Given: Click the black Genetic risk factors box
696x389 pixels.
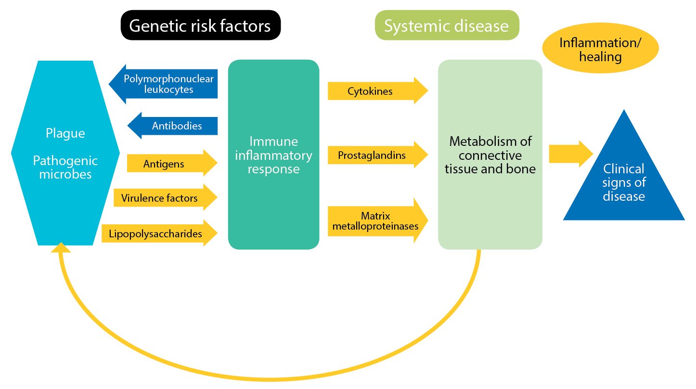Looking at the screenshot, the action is click(x=200, y=25).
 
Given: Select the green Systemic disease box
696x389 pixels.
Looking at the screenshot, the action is click(x=447, y=25).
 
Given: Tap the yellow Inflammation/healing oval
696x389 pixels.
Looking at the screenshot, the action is click(x=600, y=48).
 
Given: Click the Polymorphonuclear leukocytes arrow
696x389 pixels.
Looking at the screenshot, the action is click(x=163, y=84).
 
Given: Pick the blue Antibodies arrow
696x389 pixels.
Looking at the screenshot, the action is click(x=172, y=126).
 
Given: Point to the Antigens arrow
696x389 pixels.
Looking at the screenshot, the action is click(x=172, y=163).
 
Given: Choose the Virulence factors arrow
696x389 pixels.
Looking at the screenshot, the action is click(x=165, y=197).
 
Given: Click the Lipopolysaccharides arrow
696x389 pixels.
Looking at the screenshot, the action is click(x=159, y=233).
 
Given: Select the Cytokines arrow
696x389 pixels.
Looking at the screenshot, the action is click(x=378, y=91).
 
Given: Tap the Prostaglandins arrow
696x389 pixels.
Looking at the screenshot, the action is click(x=378, y=155).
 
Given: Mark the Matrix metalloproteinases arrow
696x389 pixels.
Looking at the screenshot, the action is click(x=378, y=220).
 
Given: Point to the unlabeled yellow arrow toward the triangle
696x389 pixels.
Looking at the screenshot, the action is click(x=571, y=154).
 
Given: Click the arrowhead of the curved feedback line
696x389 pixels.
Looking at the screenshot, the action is click(x=61, y=247).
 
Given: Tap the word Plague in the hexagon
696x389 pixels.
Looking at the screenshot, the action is click(x=65, y=133).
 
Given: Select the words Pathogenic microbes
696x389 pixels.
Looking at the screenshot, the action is click(x=65, y=167).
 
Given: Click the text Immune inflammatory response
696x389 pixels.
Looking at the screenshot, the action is click(x=273, y=155).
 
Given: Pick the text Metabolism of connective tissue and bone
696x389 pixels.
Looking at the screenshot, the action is click(x=490, y=155).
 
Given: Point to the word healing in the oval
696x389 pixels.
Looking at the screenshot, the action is click(x=600, y=57).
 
